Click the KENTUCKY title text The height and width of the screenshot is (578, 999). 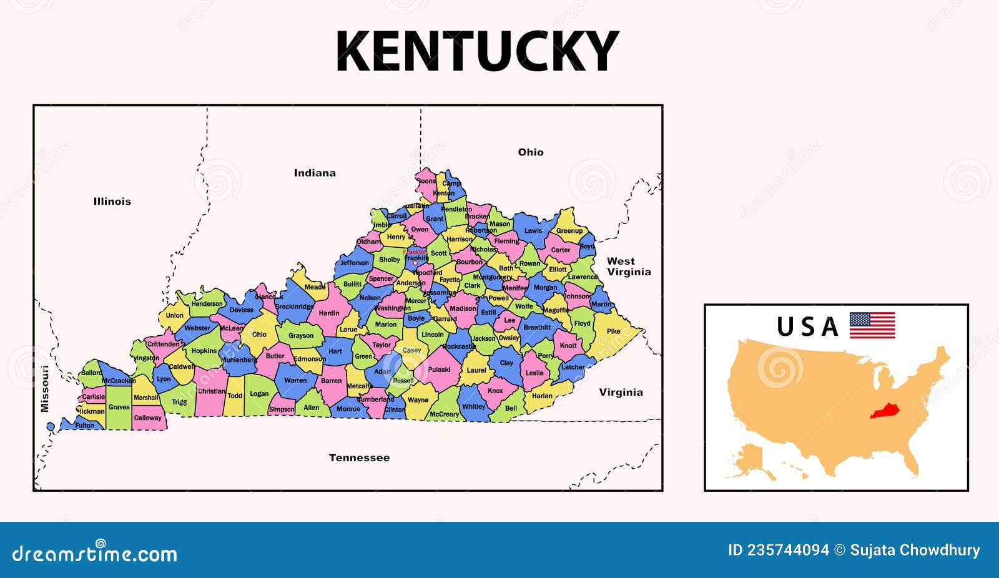(x=477, y=52)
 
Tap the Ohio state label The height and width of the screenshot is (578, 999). (x=531, y=152)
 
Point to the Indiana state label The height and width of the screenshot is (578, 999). (x=315, y=173)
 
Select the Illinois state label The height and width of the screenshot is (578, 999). (x=112, y=201)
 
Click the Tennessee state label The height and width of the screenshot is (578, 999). (x=359, y=458)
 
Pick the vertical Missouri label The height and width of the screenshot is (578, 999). (x=44, y=388)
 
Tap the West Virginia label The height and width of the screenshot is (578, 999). (x=628, y=267)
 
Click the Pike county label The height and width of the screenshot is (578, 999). (x=614, y=331)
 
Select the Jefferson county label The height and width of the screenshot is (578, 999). (x=355, y=263)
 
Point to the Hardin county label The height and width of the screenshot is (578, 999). (x=329, y=313)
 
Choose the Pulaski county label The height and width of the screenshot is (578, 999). (x=440, y=370)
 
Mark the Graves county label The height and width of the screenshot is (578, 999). (x=119, y=407)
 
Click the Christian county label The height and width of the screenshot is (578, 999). (x=211, y=391)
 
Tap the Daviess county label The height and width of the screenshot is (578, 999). (x=241, y=310)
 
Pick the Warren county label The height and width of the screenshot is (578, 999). (x=295, y=380)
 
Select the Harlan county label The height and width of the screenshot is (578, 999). (x=542, y=396)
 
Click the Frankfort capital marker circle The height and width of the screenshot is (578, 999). (x=415, y=263)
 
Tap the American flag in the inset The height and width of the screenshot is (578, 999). (x=872, y=325)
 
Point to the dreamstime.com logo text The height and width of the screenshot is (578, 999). (x=95, y=554)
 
